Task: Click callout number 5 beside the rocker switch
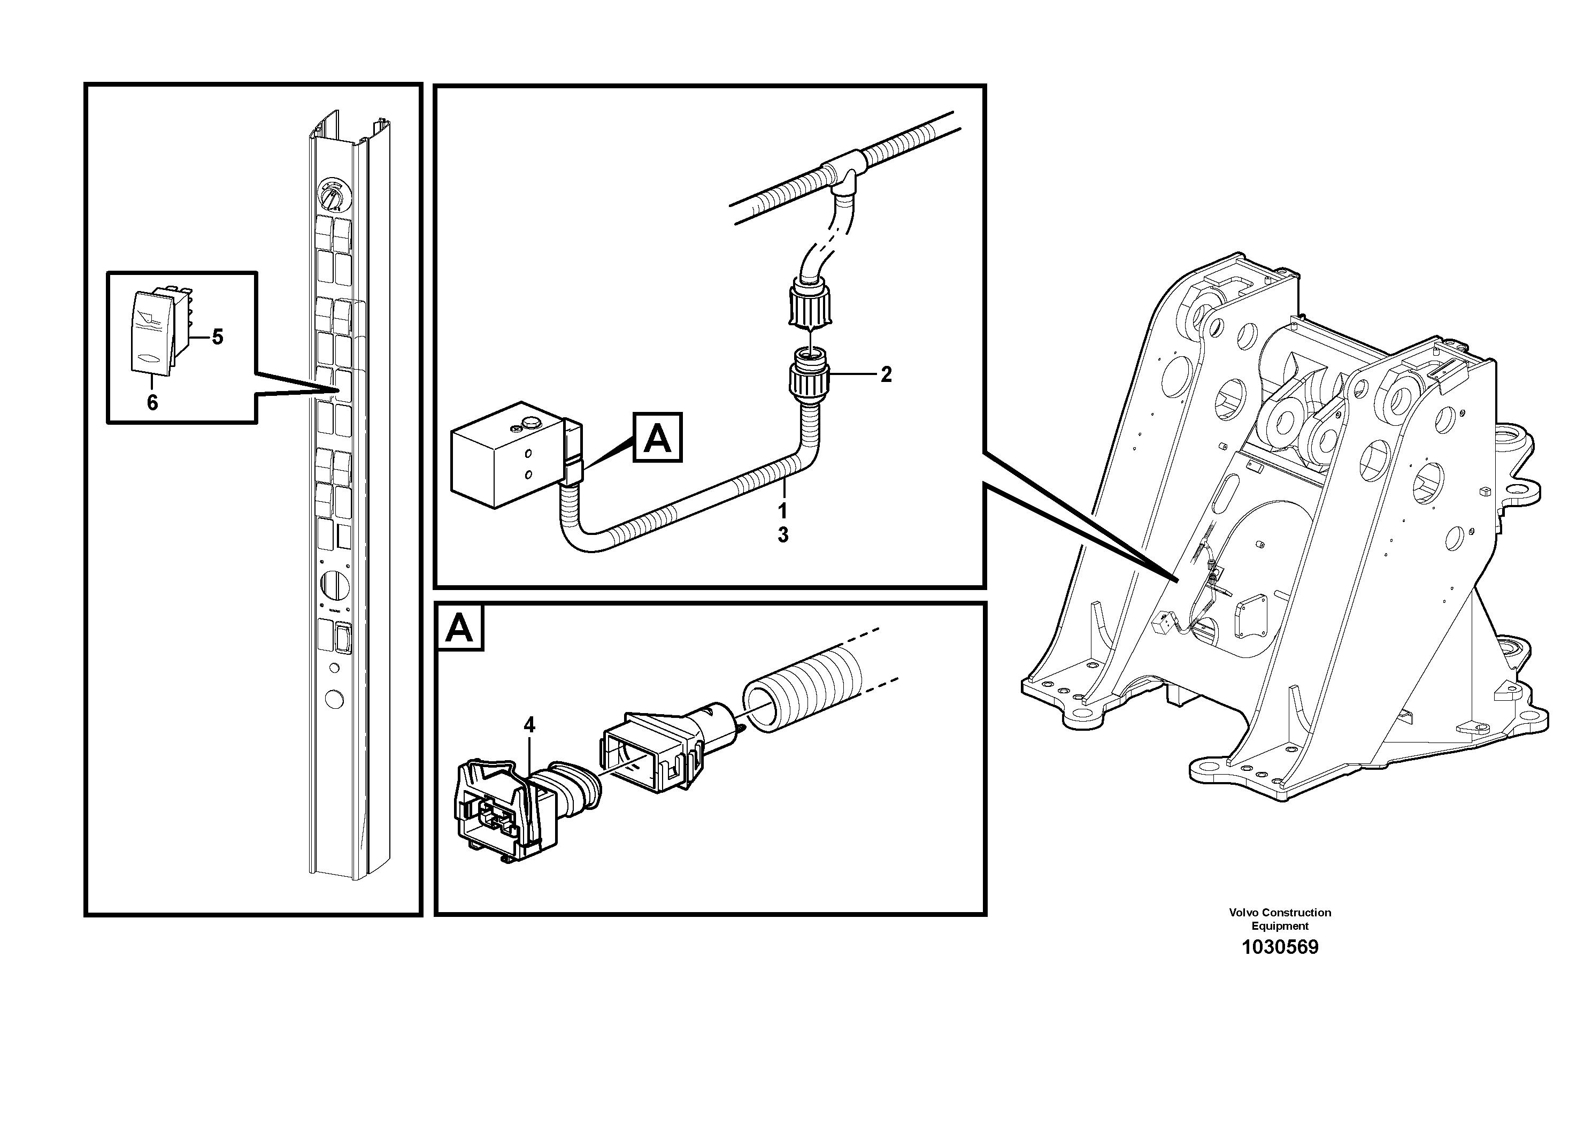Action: point(218,338)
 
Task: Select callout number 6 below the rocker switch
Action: point(152,402)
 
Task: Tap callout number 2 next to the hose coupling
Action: point(886,374)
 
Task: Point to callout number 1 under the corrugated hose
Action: point(782,511)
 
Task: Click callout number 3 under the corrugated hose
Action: point(782,535)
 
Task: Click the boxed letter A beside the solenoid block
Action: point(657,438)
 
